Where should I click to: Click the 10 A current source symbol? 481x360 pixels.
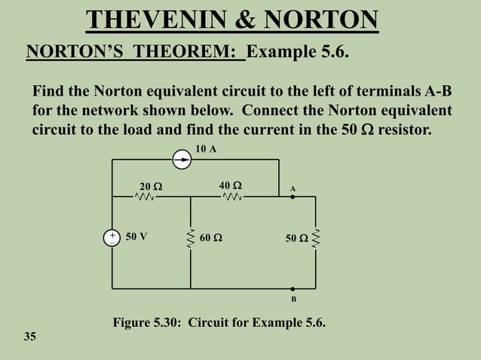coord(182,160)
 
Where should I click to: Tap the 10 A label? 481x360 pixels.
coord(206,149)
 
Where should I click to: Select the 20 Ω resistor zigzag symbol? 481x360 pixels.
coord(145,197)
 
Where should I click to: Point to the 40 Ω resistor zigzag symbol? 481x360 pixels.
coord(233,197)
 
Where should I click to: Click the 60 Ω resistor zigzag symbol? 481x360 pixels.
coord(190,238)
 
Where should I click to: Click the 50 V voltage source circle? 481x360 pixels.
coord(112,238)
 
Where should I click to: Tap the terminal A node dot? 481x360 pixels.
coord(293,197)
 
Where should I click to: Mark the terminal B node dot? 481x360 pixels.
coord(293,288)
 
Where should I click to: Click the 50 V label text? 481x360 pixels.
coord(136,236)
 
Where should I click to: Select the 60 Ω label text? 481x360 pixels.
coord(211,239)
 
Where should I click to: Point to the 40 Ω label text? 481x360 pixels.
coord(231,185)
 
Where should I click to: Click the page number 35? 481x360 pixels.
coord(29,335)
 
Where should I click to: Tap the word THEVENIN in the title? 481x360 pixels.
coord(160,20)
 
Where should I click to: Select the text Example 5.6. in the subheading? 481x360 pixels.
coord(298,53)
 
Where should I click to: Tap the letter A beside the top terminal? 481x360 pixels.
coord(293,188)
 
